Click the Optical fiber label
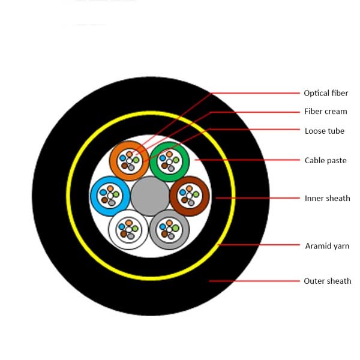click(x=326, y=93)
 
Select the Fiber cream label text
click(x=326, y=112)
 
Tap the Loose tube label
click(x=325, y=131)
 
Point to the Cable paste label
click(x=326, y=160)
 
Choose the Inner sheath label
click(x=328, y=199)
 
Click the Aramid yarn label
click(x=327, y=246)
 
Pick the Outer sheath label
click(x=328, y=281)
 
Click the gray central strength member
click(x=150, y=196)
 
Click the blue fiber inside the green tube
click(x=163, y=158)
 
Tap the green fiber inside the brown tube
click(x=196, y=194)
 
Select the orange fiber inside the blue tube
click(x=110, y=188)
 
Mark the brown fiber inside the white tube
click(x=124, y=234)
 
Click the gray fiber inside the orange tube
click(x=131, y=168)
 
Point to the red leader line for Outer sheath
click(x=254, y=281)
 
